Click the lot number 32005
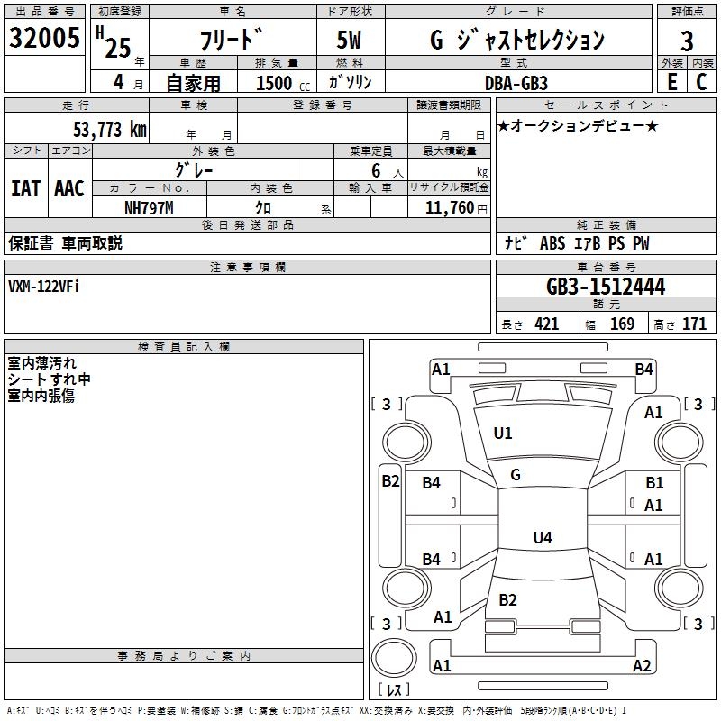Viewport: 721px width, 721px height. (44, 38)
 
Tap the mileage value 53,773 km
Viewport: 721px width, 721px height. (109, 130)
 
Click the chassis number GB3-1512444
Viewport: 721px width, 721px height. (606, 287)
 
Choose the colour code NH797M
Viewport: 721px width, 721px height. (149, 208)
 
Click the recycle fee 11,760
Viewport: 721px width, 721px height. (447, 208)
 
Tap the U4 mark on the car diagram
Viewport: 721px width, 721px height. (542, 538)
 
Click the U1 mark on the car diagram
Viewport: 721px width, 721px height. (503, 434)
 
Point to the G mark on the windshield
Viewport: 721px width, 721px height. (516, 475)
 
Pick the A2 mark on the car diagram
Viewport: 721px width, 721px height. (642, 666)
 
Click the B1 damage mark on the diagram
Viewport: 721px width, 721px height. (654, 483)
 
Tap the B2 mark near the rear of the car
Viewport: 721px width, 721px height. (507, 600)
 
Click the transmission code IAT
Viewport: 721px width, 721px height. (25, 188)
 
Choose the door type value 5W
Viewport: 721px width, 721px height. (351, 41)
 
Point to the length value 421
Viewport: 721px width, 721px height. (546, 324)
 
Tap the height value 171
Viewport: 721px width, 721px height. (694, 324)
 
